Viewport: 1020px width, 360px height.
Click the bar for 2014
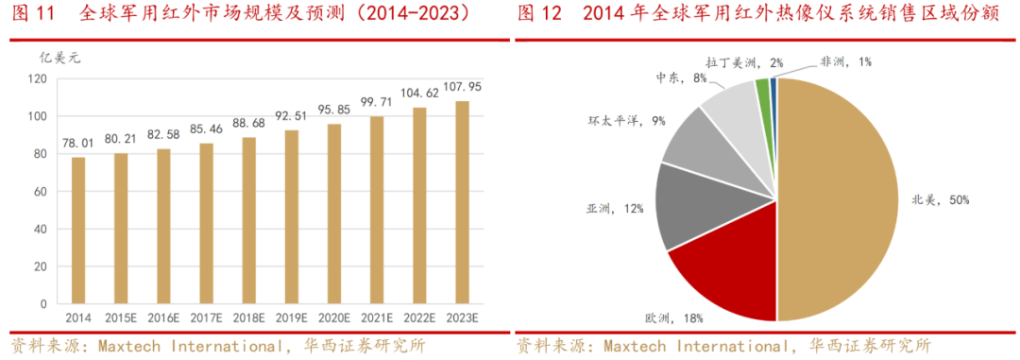[77, 231]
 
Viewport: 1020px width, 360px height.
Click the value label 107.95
[462, 87]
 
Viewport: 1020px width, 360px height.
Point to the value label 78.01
[77, 143]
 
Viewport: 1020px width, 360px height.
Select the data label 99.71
[377, 101]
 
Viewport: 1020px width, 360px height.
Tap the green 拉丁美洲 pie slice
[762, 90]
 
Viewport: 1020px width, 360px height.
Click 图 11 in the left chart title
[34, 13]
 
